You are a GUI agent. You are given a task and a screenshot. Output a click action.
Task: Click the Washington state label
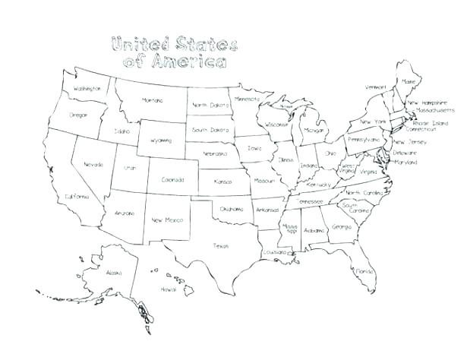pyautogui.click(x=87, y=89)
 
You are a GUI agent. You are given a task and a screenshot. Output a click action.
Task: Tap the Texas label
pyautogui.click(x=221, y=245)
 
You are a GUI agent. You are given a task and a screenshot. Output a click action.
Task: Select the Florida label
pyautogui.click(x=362, y=270)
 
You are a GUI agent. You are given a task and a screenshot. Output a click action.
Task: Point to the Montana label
pyautogui.click(x=154, y=99)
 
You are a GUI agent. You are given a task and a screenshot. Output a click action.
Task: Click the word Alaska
pyautogui.click(x=114, y=273)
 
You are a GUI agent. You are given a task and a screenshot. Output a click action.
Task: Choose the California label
pyautogui.click(x=77, y=197)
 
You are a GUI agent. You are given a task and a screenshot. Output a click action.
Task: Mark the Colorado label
pyautogui.click(x=172, y=180)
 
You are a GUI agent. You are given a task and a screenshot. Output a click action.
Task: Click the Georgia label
pyautogui.click(x=341, y=227)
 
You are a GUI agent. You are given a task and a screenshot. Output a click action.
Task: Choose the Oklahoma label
pyautogui.click(x=232, y=207)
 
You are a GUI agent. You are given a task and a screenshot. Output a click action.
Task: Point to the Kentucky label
pyautogui.click(x=320, y=184)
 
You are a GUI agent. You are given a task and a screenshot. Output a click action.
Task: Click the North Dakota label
pyautogui.click(x=210, y=105)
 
